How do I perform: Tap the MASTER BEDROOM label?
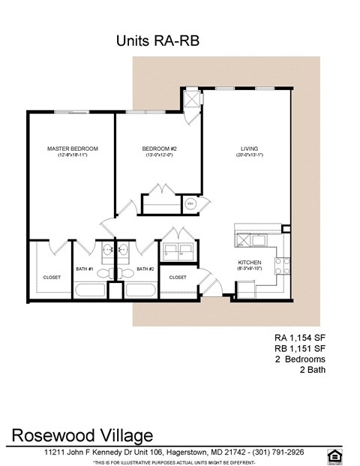tap(72, 149)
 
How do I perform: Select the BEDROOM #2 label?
tap(159, 149)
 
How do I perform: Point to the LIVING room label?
tap(249, 149)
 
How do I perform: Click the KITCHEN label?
tap(249, 261)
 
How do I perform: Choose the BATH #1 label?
tap(84, 269)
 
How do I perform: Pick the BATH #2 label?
tap(145, 269)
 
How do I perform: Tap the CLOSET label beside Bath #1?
tap(52, 277)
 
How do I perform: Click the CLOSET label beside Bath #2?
tap(178, 277)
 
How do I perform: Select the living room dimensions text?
tap(249, 156)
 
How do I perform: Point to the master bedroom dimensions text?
tap(72, 156)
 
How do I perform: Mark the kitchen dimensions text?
tap(249, 268)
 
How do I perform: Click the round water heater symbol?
tap(190, 203)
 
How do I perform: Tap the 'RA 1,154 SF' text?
tap(304, 338)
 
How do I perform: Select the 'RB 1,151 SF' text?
tap(304, 348)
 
